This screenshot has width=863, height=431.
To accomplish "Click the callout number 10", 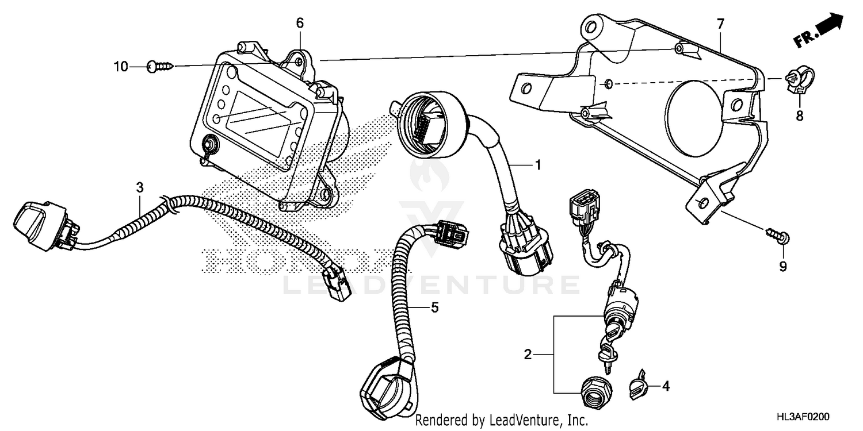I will pos(120,67).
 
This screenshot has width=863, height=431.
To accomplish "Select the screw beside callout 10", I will pos(159,67).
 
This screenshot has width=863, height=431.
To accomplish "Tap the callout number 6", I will pos(300,24).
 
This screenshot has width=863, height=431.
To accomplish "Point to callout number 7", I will pos(721,24).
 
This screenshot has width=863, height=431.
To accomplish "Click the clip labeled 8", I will pos(797,80).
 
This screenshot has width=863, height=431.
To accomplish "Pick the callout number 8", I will pos(799,116).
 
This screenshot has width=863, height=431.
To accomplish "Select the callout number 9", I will pos(782,267).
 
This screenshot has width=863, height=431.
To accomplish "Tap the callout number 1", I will pos(538,166).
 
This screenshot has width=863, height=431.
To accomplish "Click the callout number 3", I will pos(139,187).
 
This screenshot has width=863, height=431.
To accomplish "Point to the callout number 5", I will pos(434,308).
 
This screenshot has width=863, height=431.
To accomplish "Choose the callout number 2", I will pos(528,355).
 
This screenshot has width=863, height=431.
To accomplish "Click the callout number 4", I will pos(666,387).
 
